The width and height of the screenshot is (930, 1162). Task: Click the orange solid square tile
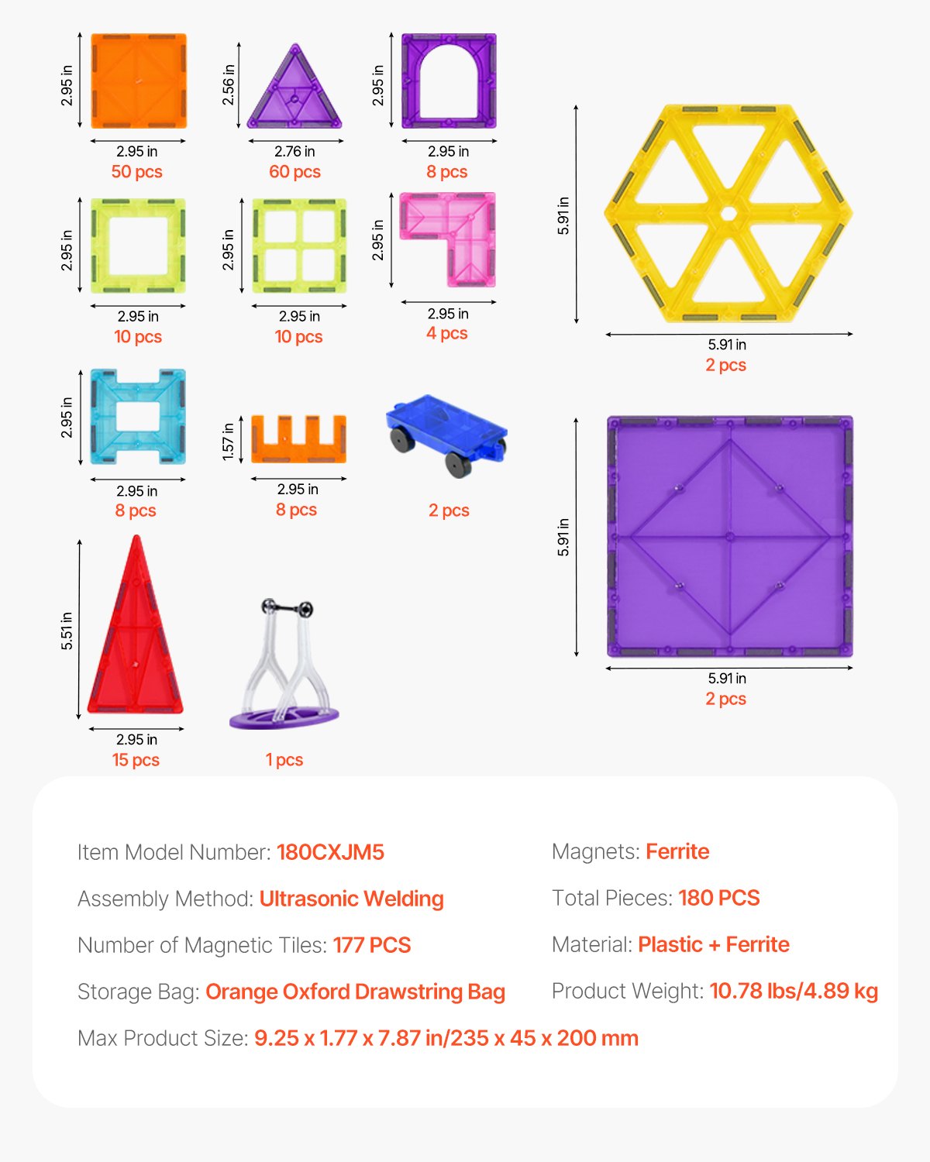tap(139, 81)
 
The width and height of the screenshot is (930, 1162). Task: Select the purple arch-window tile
tap(449, 81)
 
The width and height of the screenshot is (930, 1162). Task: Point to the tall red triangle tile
tap(136, 635)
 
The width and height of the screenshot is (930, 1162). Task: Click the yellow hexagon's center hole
tap(728, 213)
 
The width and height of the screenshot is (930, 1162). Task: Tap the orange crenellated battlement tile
tap(298, 442)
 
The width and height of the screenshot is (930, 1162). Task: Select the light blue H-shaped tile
tap(138, 416)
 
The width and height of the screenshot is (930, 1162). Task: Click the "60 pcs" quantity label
tap(294, 172)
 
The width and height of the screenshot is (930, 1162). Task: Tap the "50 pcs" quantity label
tap(137, 172)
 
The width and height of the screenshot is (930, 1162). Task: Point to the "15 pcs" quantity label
tap(136, 760)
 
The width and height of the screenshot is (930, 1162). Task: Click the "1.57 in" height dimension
tap(228, 441)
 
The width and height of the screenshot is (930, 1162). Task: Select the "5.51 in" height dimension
tap(67, 630)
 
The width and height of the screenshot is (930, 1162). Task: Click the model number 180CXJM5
tap(330, 852)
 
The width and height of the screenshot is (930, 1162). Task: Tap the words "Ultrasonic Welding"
tap(351, 899)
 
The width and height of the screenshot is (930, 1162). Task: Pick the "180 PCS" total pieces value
tap(718, 898)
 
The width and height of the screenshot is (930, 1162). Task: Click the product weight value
tap(793, 991)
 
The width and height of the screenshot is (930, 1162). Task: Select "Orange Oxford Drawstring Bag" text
tap(355, 992)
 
